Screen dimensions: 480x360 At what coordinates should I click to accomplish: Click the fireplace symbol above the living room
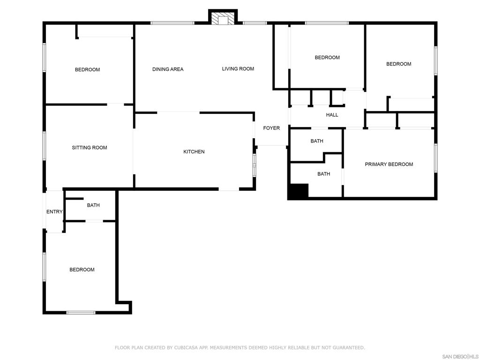click(x=223, y=17)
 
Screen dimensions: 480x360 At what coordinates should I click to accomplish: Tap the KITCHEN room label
click(x=194, y=151)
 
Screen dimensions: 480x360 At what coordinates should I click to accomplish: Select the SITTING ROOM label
click(x=90, y=148)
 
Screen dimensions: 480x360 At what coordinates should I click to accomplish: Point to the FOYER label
click(x=271, y=128)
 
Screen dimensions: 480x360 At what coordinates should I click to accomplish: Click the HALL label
click(x=332, y=115)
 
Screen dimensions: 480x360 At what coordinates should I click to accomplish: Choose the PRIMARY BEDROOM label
click(x=389, y=165)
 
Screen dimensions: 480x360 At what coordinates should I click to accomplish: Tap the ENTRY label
click(x=54, y=211)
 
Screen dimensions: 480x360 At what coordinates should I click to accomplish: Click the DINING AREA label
click(x=168, y=69)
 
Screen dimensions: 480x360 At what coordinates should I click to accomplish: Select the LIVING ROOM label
click(x=238, y=69)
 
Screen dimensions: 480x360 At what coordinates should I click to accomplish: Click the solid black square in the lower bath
click(x=299, y=191)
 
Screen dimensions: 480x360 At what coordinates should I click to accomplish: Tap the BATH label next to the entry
click(x=93, y=205)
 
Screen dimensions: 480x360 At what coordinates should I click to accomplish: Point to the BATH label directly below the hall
click(x=317, y=141)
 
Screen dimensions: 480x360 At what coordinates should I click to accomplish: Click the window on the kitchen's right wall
click(x=254, y=165)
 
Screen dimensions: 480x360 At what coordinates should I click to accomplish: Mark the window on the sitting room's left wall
click(x=44, y=146)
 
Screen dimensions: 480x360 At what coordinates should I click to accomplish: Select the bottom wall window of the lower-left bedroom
click(x=81, y=313)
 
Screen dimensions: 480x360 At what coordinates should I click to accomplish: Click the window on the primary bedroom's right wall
click(x=435, y=158)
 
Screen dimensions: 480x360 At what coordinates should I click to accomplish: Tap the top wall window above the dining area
click(x=172, y=23)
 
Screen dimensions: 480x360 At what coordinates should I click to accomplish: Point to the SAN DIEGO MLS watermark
click(x=460, y=357)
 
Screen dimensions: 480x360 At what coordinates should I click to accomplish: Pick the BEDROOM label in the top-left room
click(x=87, y=70)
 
